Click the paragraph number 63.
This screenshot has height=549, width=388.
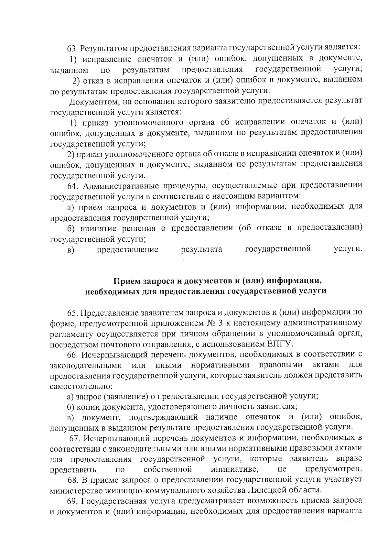coord(72,49)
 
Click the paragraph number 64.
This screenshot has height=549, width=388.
coord(72,186)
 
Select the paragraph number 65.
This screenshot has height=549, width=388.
coord(72,313)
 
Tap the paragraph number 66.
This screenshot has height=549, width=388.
coord(72,355)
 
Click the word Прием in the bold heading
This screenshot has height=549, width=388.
coord(126,280)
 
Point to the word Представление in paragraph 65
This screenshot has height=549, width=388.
coord(109,313)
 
